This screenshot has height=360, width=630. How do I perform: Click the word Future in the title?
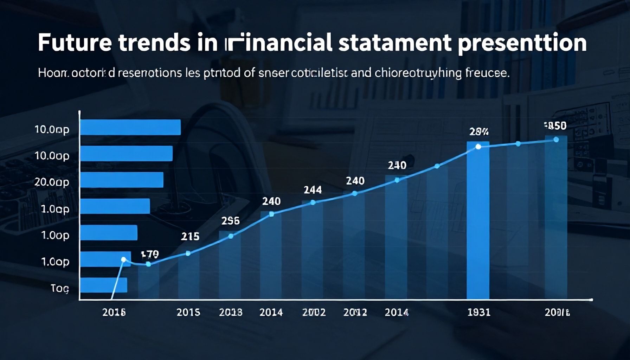pyautogui.click(x=75, y=43)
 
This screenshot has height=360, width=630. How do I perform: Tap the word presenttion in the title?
pyautogui.click(x=522, y=44)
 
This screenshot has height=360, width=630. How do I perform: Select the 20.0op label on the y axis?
pyautogui.click(x=52, y=182)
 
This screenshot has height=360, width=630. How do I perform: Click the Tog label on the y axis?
pyautogui.click(x=59, y=288)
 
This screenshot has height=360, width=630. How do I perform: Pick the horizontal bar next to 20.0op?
pyautogui.click(x=122, y=180)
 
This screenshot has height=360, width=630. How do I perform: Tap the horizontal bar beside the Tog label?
pyautogui.click(x=103, y=285)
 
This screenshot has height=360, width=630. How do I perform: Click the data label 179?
pyautogui.click(x=150, y=254)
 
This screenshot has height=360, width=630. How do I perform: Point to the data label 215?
pyautogui.click(x=190, y=237)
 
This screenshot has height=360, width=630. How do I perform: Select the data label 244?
pyautogui.click(x=313, y=190)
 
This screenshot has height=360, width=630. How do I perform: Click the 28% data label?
pyautogui.click(x=479, y=132)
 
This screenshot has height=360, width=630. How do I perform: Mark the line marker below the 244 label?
pyautogui.click(x=313, y=202)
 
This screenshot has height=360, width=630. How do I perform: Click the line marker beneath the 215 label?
pyautogui.click(x=188, y=253)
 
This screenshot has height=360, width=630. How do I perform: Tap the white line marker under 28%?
pyautogui.click(x=478, y=147)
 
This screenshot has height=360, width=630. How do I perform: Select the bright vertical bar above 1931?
pyautogui.click(x=478, y=221)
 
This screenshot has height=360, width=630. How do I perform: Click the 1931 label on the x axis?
pyautogui.click(x=479, y=312)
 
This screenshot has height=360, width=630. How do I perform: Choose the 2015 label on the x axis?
pyautogui.click(x=188, y=312)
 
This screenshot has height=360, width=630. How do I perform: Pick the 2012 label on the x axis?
pyautogui.click(x=355, y=312)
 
